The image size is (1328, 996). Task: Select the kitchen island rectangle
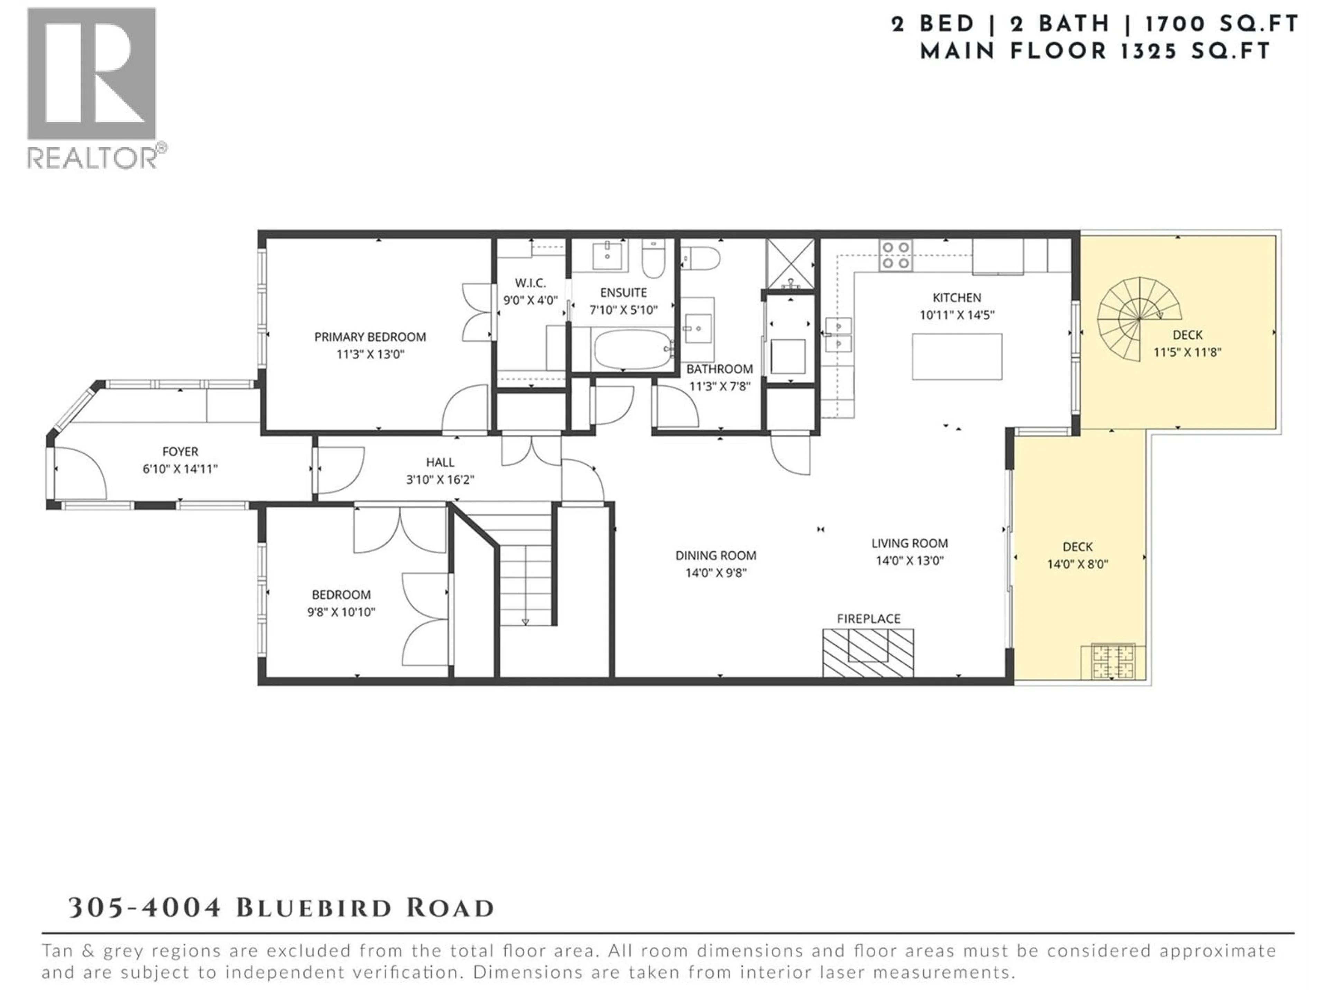tap(956, 357)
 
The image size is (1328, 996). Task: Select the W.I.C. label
tap(530, 283)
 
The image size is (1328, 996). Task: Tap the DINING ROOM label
tap(715, 555)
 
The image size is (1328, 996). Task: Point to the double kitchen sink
tap(838, 334)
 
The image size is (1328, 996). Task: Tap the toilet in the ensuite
tap(653, 259)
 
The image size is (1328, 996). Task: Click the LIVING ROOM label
tap(910, 543)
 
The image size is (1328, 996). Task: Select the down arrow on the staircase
tap(525, 621)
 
